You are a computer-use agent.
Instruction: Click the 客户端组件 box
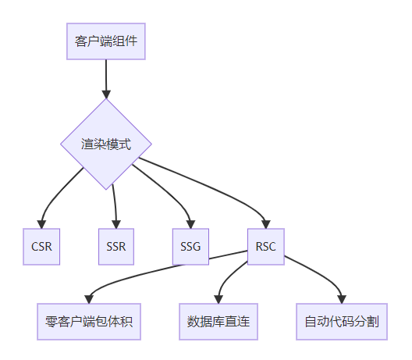click(106, 41)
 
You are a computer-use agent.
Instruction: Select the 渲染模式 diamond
click(106, 144)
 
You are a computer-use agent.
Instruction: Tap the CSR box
click(41, 247)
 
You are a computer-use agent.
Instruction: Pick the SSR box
click(116, 247)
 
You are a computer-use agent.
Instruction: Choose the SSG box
click(190, 247)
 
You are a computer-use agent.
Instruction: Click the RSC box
click(266, 247)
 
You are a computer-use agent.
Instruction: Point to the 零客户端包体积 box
click(89, 322)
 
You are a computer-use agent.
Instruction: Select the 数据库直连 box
click(218, 322)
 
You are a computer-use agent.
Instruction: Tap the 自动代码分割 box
click(342, 322)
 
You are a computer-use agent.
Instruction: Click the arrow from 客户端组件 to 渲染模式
click(106, 79)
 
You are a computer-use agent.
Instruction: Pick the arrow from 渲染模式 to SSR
click(115, 206)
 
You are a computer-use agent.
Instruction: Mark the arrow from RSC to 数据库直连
click(228, 280)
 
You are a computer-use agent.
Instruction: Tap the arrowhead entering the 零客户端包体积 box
click(89, 299)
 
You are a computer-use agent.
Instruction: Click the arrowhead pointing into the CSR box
click(41, 224)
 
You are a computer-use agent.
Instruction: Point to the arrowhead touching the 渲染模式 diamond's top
click(106, 94)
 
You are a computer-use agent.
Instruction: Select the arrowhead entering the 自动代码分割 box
click(342, 299)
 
